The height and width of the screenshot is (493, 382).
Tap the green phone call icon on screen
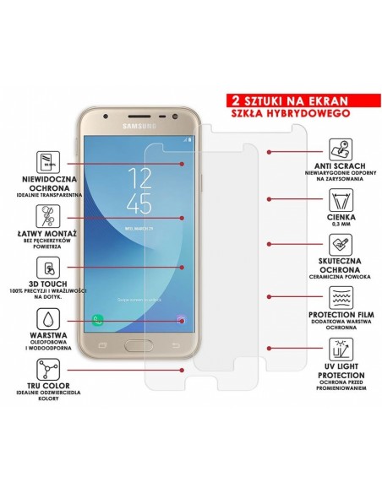(x=98, y=321)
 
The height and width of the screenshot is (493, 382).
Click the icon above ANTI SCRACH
(x=341, y=151)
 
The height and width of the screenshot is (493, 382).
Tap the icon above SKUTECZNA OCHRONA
(x=341, y=246)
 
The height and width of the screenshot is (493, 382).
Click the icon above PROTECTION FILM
(x=341, y=297)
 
